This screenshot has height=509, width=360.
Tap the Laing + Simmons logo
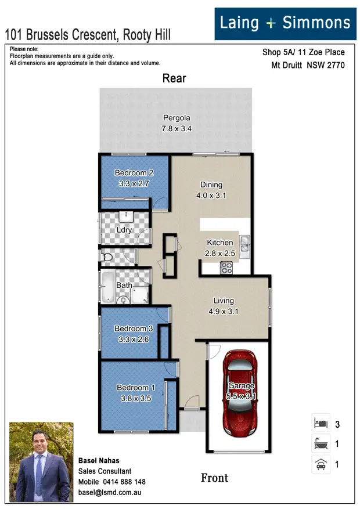click(285, 24)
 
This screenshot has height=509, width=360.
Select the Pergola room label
click(177, 118)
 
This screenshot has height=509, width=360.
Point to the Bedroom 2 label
click(134, 173)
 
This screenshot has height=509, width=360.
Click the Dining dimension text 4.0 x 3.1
click(211, 196)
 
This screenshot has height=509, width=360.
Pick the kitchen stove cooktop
click(225, 268)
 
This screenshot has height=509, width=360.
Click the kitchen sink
click(246, 246)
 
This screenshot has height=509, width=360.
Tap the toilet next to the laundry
click(107, 256)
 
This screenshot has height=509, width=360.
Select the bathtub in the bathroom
click(109, 287)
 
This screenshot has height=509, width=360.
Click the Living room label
click(224, 301)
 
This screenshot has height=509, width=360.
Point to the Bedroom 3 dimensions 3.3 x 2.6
click(134, 339)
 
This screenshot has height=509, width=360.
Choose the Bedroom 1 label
click(136, 388)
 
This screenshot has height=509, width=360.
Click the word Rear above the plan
click(174, 78)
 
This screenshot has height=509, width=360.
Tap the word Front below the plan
click(214, 478)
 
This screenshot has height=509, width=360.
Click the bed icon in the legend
click(321, 424)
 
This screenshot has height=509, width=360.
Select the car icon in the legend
click(321, 464)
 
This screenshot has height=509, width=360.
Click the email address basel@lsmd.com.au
click(110, 492)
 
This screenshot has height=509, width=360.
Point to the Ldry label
click(124, 230)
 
